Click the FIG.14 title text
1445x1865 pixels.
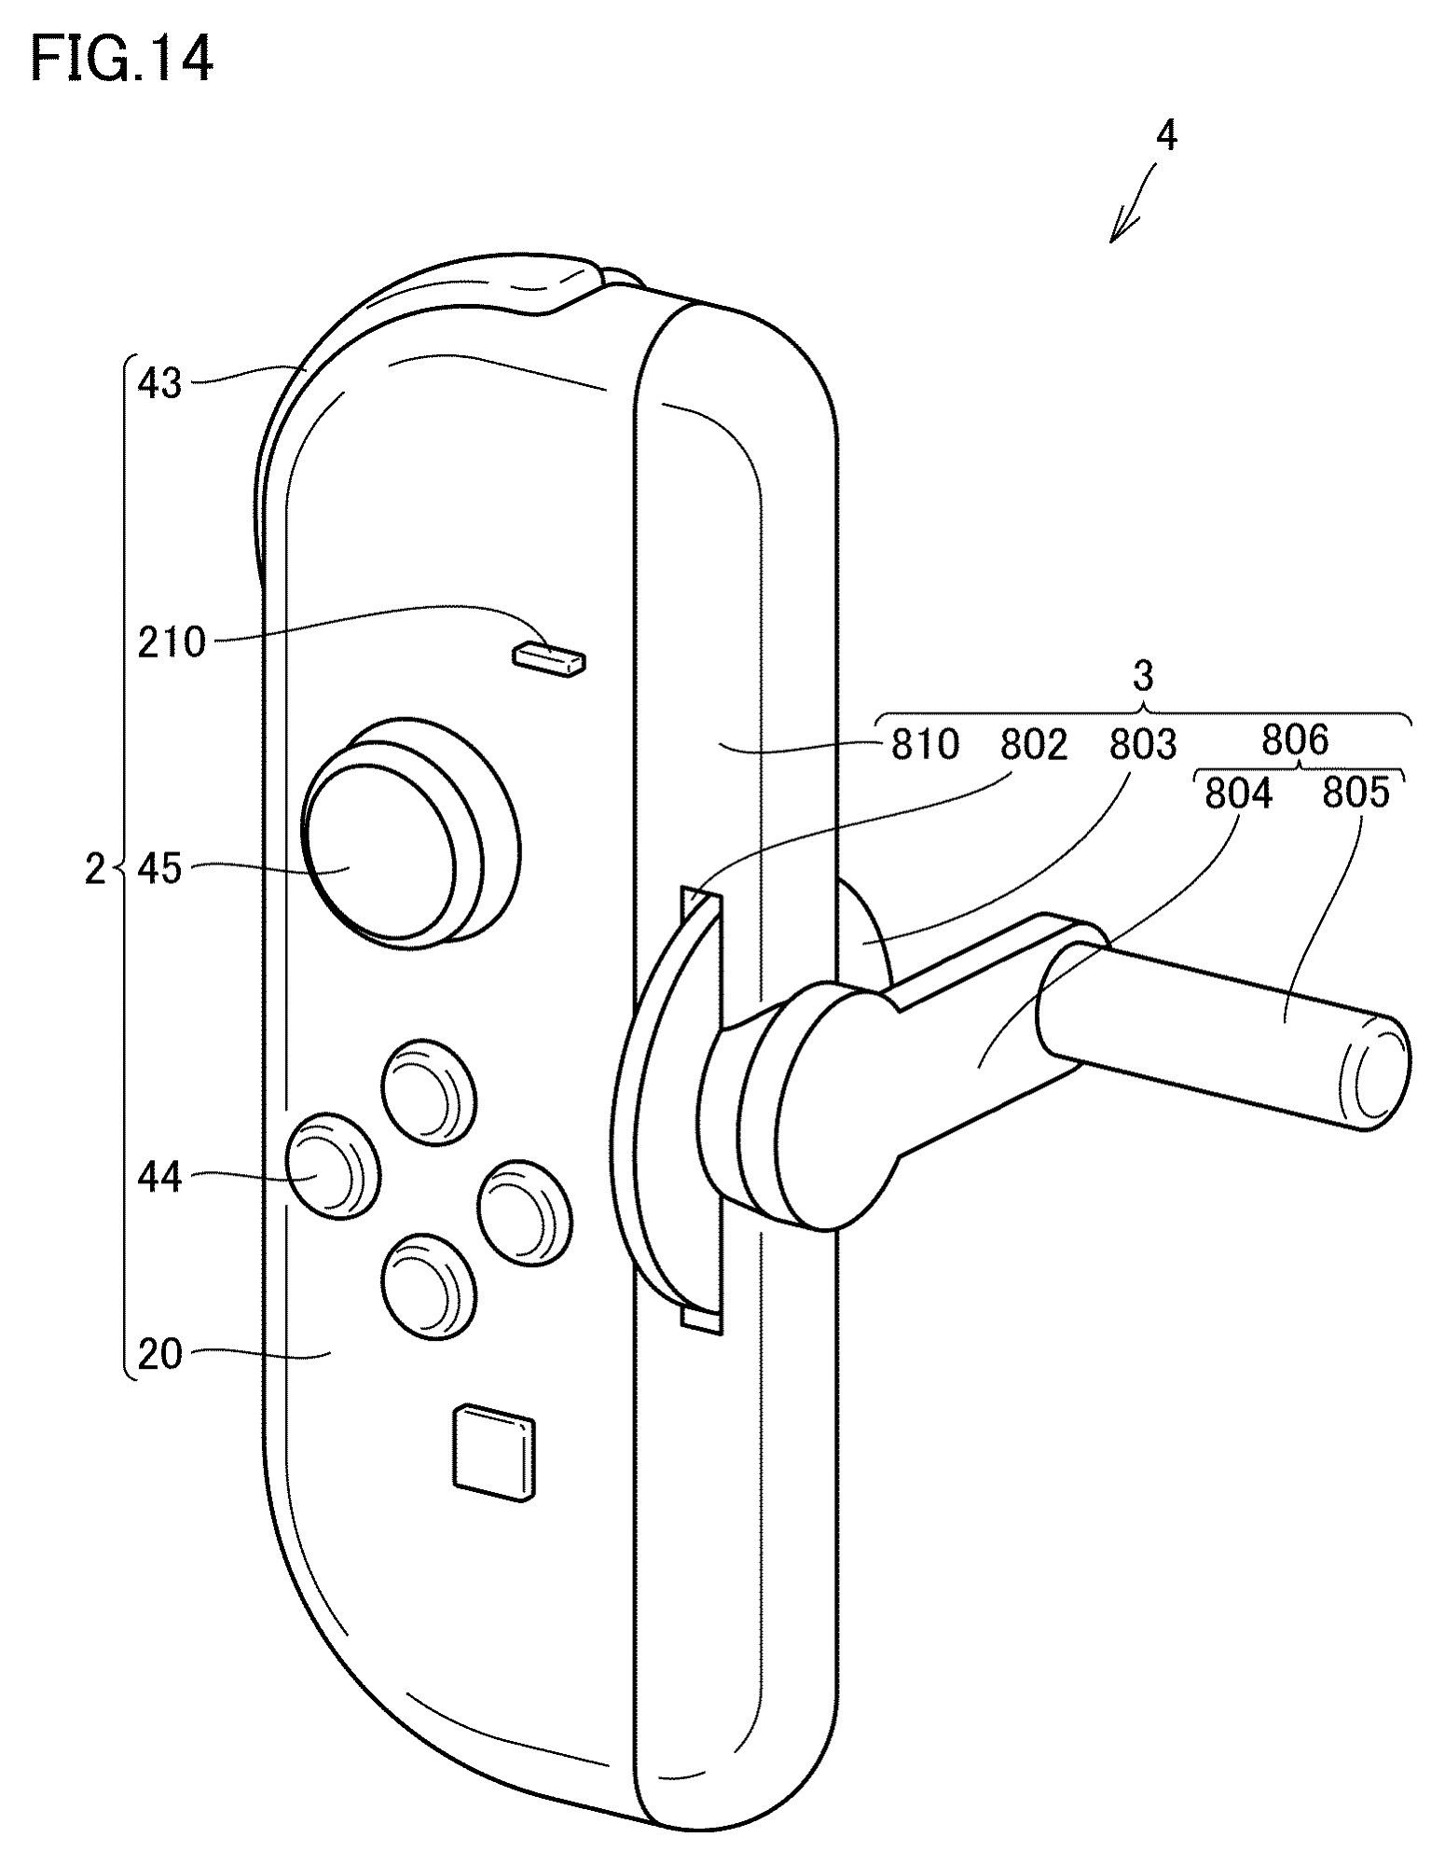click(122, 61)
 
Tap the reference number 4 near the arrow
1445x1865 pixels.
click(1165, 137)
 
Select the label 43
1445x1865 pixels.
click(159, 383)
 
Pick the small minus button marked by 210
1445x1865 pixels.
click(549, 657)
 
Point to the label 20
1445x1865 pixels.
click(159, 1354)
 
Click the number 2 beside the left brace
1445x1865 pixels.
click(94, 870)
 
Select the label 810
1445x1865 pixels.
click(925, 744)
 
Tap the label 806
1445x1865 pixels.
click(1294, 739)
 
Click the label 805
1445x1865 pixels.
click(1356, 793)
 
